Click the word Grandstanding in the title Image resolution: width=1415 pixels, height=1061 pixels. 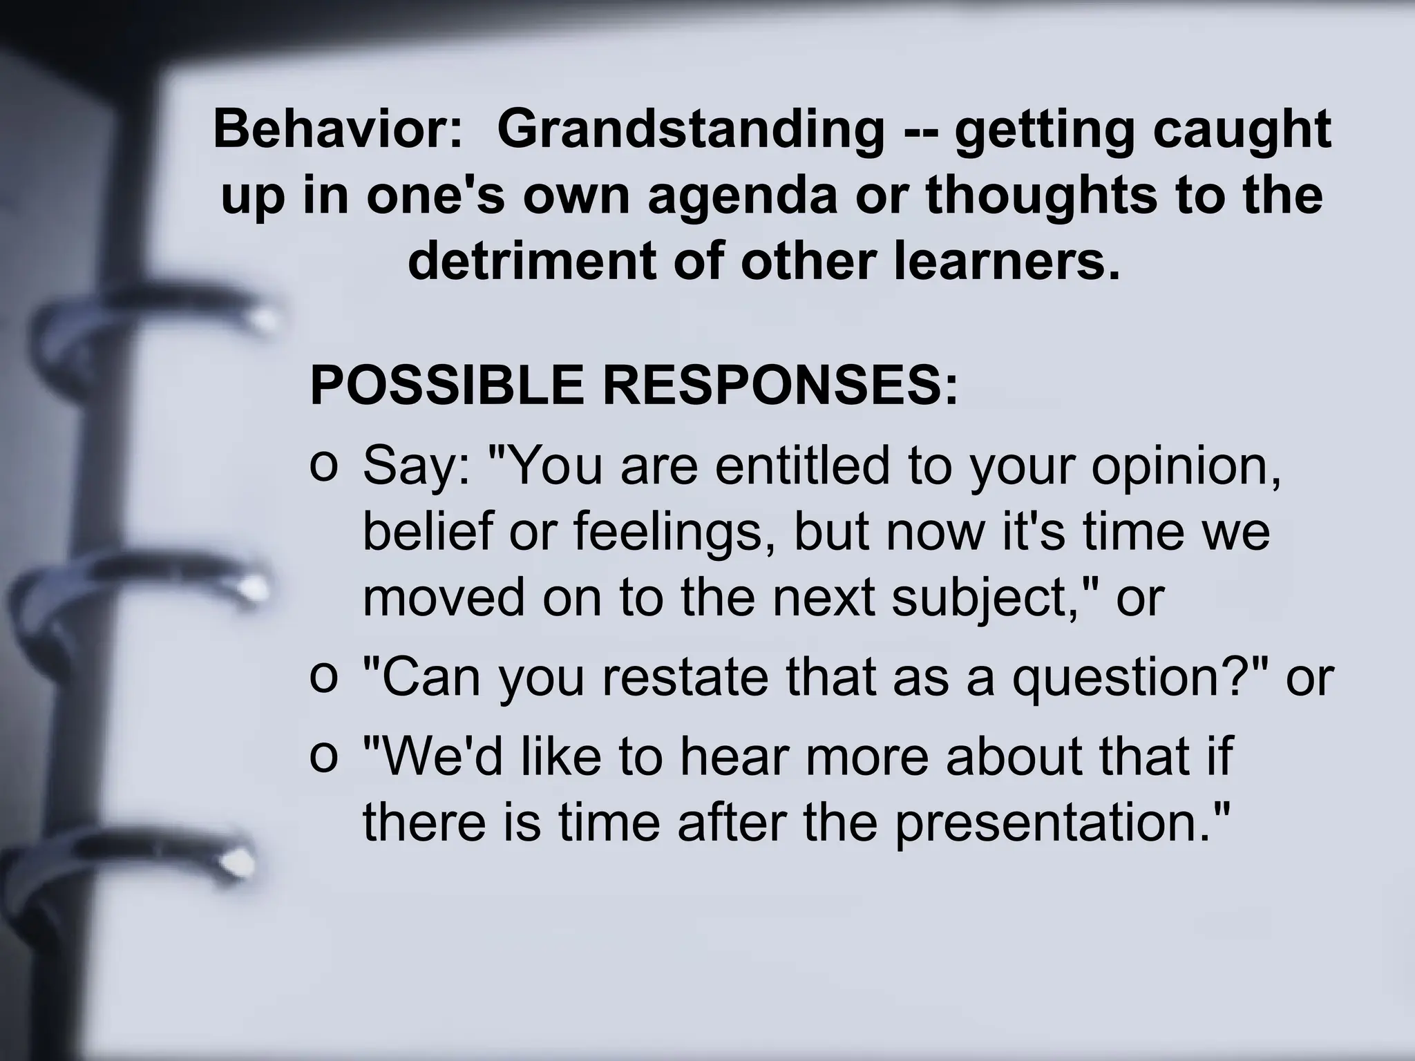690,129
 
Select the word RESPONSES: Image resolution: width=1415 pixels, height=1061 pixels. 781,385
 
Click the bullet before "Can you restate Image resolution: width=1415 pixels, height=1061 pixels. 323,676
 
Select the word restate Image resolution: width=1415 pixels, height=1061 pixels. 685,677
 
